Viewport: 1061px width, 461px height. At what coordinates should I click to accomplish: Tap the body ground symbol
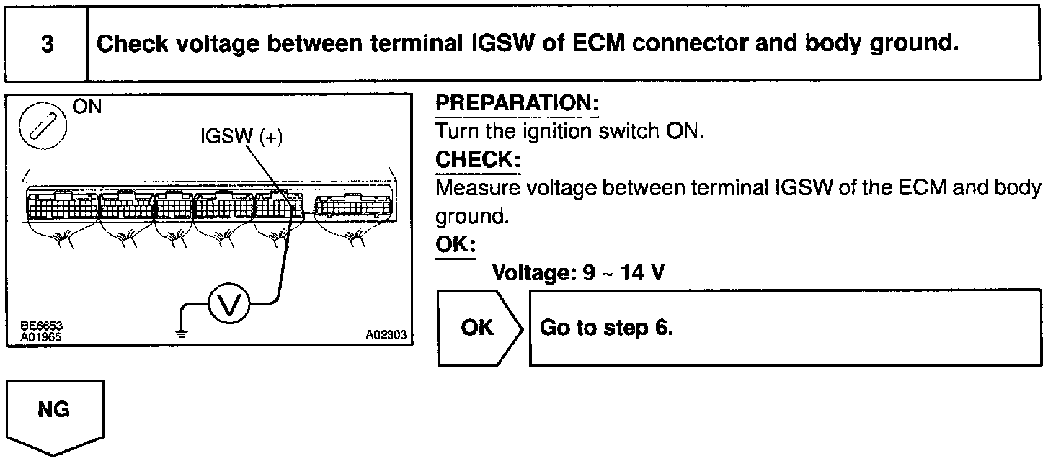click(x=182, y=332)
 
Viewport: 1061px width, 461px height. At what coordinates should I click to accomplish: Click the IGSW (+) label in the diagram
click(x=241, y=138)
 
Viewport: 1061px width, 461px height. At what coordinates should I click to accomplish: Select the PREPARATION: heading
click(x=518, y=104)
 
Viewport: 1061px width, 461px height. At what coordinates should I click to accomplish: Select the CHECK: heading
click(x=477, y=159)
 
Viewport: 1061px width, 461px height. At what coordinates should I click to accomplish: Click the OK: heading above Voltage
click(x=456, y=245)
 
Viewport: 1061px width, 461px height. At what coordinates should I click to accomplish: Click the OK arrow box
click(x=479, y=328)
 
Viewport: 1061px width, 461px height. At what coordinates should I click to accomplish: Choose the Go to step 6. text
click(x=606, y=328)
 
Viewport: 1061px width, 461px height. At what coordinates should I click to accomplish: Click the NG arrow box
click(x=54, y=414)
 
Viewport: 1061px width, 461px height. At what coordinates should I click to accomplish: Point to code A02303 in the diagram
click(x=386, y=335)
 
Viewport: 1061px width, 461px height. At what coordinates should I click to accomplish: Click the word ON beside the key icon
click(x=87, y=107)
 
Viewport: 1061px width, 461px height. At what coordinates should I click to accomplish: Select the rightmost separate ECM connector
click(x=350, y=205)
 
